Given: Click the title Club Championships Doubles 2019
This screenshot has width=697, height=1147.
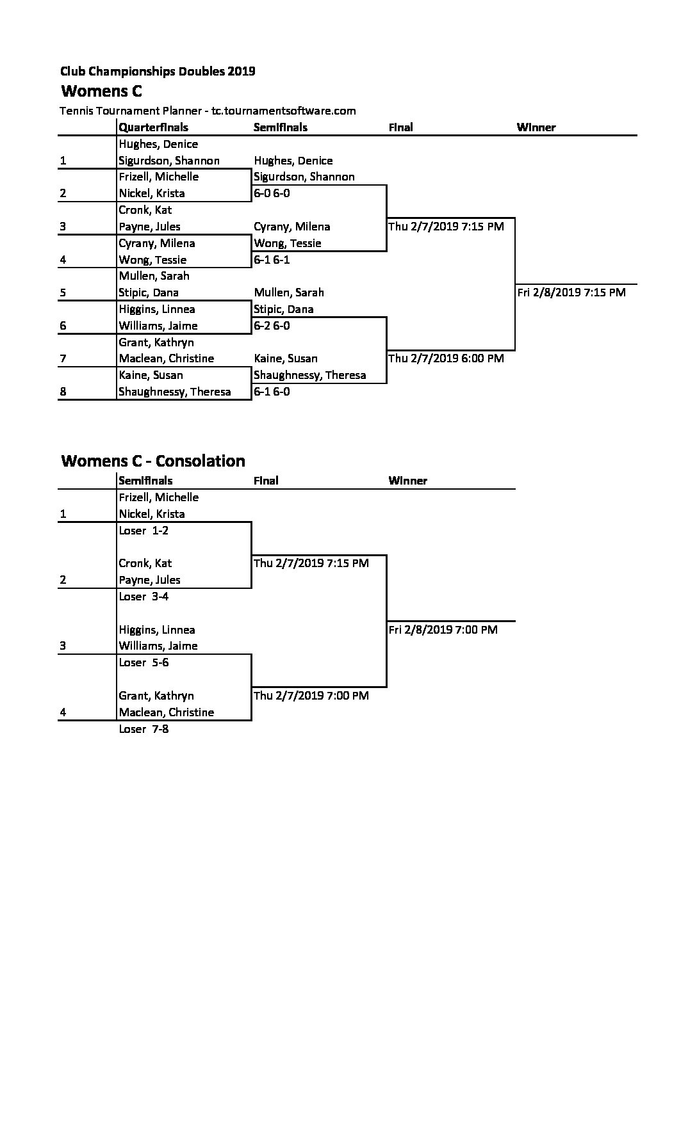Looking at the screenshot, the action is coord(158,71).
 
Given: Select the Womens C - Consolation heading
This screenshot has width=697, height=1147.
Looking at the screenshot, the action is coord(153,461).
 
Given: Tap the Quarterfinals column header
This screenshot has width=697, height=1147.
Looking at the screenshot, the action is coord(153,127).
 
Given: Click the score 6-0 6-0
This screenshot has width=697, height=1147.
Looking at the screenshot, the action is coord(272,193).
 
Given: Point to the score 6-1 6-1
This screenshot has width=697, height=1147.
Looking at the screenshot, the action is coord(272,260).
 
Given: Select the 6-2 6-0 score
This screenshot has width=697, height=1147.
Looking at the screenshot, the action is coord(272,326).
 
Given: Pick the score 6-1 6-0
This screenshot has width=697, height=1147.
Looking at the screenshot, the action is coord(272,392).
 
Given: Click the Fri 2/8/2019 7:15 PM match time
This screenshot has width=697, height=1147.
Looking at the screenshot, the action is coord(571,293).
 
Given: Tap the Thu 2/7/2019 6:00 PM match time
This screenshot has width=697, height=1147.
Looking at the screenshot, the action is coord(446,358).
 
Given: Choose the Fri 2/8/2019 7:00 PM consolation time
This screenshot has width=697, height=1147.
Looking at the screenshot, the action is coord(443,630).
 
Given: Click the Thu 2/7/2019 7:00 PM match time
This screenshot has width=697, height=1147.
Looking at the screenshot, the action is coord(311,696).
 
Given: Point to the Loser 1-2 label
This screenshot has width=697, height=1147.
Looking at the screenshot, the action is coord(143,531).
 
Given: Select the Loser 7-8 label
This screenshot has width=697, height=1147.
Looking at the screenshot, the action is coord(143,729).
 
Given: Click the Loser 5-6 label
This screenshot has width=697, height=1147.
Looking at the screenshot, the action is coord(143,662).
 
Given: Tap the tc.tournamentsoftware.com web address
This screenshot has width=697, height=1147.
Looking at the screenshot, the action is coord(284,111).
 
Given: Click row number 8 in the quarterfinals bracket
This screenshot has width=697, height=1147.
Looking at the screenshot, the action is coord(63,392).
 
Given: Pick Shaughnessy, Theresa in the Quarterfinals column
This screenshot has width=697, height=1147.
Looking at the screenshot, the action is coord(175,392).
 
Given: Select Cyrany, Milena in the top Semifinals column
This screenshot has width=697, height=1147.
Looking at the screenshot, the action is coord(292,227).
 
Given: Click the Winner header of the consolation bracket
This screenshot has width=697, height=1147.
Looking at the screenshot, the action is coord(408,481).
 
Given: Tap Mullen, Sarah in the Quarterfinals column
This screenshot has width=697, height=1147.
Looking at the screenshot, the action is coord(154,276).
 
